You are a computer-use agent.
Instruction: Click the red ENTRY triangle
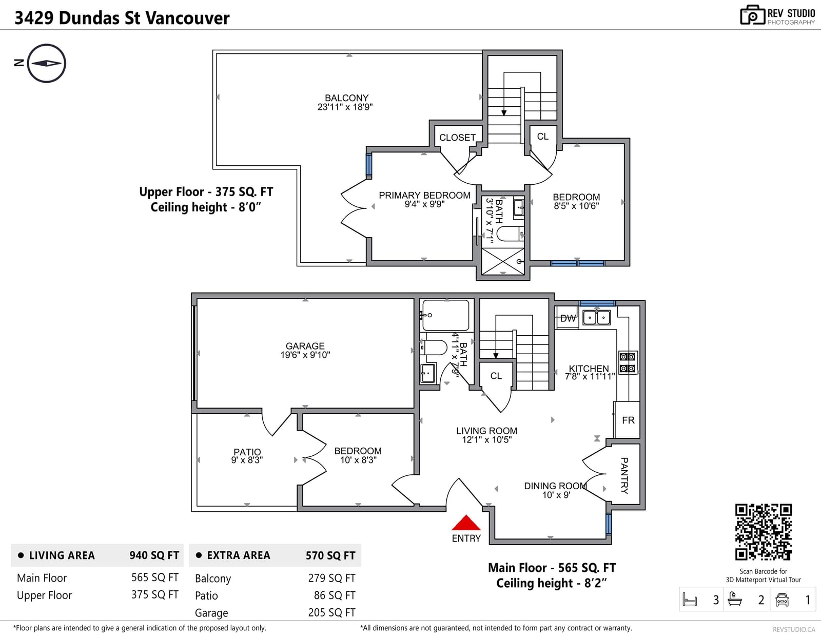[466, 524]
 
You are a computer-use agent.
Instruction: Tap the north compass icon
[47, 63]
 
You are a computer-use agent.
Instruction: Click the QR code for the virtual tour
[763, 532]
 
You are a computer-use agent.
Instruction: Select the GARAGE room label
[305, 346]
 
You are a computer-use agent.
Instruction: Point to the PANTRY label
[624, 475]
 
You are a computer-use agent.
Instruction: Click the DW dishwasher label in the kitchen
[568, 319]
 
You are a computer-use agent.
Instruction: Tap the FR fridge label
[628, 420]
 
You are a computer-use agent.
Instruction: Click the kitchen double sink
[596, 317]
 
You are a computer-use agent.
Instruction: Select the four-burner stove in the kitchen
[627, 362]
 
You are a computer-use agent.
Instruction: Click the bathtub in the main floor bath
[446, 315]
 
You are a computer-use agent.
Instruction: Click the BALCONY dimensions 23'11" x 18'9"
[345, 107]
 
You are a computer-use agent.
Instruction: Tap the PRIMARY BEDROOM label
[425, 196]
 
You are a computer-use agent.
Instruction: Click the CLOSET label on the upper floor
[457, 138]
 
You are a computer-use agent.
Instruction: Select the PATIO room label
[247, 452]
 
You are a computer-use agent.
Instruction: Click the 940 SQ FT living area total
[154, 555]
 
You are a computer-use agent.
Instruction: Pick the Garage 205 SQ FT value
[331, 612]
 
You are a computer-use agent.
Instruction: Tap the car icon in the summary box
[781, 600]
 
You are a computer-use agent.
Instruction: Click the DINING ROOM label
[555, 486]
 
